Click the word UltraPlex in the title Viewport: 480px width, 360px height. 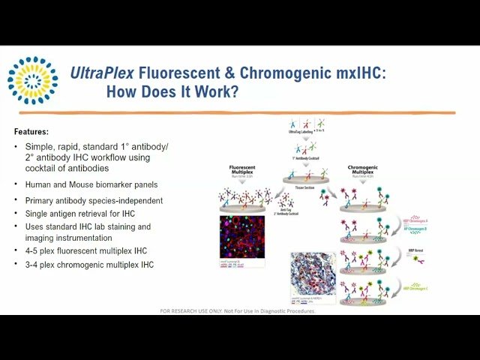coord(101,73)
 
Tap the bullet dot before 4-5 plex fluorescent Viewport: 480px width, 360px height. coord(16,250)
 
